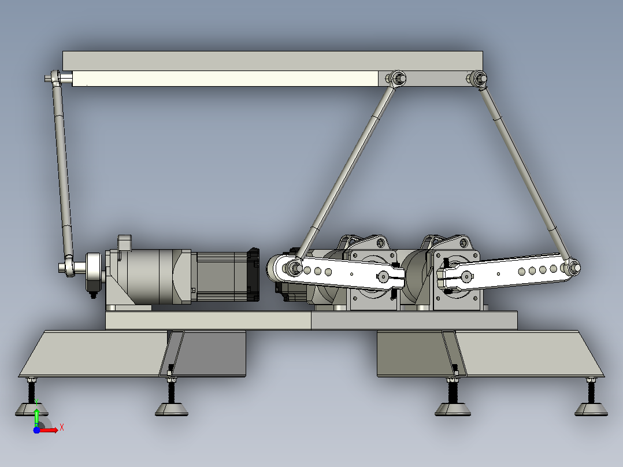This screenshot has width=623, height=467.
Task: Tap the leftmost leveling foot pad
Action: [x=32, y=409]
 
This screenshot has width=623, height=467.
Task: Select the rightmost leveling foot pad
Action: [x=591, y=409]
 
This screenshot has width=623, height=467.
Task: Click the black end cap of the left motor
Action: [x=253, y=275]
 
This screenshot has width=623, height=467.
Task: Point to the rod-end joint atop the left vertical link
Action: [x=55, y=77]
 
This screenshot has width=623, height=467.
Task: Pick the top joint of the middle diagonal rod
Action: [x=396, y=78]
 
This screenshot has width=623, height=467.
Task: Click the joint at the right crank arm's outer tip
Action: [x=572, y=267]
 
